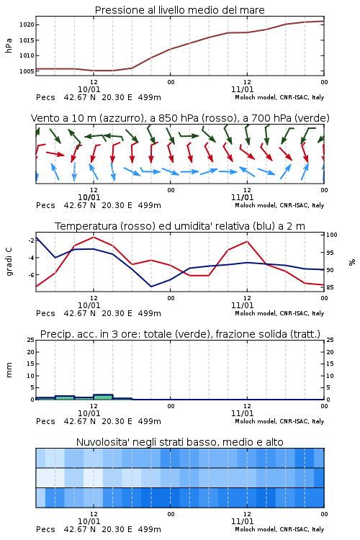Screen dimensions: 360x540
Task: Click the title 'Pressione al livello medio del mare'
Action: (179, 10)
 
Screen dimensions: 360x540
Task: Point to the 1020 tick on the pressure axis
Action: (27, 24)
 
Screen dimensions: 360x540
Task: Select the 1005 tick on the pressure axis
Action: (27, 71)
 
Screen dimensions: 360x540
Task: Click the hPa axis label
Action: (9, 45)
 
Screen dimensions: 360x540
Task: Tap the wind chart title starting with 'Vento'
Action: (180, 118)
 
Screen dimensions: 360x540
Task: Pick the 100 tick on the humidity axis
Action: (332, 235)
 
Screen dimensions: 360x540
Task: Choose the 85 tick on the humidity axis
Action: (330, 287)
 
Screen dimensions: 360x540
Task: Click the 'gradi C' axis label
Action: (9, 262)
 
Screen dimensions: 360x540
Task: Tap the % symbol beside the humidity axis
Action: (352, 262)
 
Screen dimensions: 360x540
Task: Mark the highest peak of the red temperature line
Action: (94, 237)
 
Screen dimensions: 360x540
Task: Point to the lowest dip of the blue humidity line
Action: (151, 287)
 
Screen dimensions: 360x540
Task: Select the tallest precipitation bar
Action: (103, 397)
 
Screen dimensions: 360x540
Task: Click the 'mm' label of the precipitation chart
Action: (9, 370)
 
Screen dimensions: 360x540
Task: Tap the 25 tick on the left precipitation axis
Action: (31, 340)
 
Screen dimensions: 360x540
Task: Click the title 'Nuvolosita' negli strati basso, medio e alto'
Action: (179, 442)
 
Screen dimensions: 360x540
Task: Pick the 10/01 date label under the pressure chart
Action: (89, 89)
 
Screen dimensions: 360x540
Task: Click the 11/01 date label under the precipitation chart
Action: (242, 413)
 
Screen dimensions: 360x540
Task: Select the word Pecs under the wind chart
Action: (45, 206)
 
